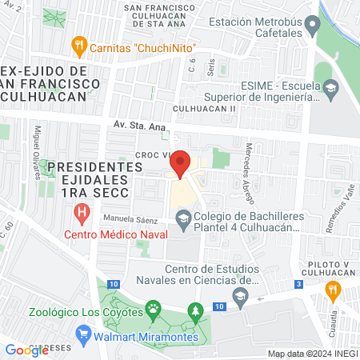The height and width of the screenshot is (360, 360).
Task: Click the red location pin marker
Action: tap(181, 164)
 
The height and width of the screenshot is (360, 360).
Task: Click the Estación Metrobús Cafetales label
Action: tap(258, 28)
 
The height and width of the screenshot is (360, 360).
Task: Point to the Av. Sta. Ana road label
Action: tap(138, 125)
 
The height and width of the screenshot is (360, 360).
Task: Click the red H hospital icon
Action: tap(82, 214)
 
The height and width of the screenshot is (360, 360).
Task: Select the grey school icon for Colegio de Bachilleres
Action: tap(184, 218)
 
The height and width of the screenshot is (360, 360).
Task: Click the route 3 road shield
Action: tap(298, 284)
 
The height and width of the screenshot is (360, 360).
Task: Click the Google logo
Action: tap(26, 350)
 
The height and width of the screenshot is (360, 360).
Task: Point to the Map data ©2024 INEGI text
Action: tap(312, 354)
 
